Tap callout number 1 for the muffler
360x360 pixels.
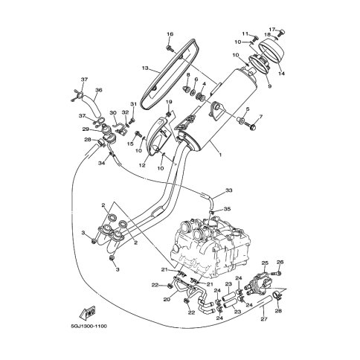click(220, 155)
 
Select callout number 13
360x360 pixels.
click(145, 68)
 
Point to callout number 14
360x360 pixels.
click(281, 74)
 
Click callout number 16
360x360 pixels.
click(170, 34)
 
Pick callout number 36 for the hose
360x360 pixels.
click(99, 90)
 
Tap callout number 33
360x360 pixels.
click(229, 190)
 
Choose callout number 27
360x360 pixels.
click(264, 319)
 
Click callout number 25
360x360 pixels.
click(265, 263)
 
